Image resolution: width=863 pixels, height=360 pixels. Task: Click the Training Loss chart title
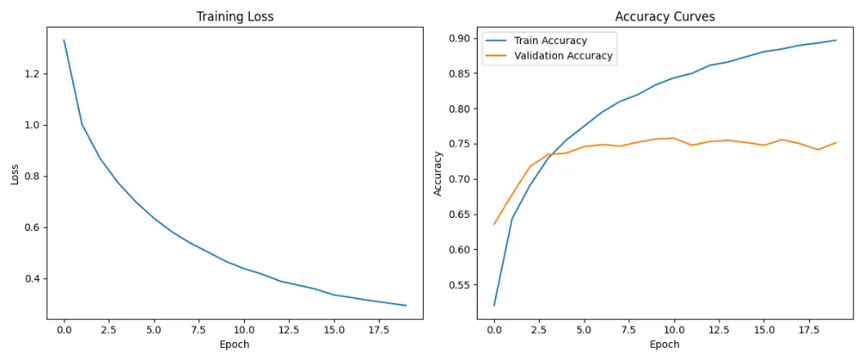234,16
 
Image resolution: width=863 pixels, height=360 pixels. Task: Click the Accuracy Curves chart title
665,16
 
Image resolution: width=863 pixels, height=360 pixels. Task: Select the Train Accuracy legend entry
549,40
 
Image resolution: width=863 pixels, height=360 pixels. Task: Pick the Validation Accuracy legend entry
563,56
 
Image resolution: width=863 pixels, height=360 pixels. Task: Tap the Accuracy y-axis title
438,172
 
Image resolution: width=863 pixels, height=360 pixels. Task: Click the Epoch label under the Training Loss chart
234,344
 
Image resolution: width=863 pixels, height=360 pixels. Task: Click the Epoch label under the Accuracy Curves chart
665,344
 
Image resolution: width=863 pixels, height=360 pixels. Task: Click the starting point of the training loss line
64,40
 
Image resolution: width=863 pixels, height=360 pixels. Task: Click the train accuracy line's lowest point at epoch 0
494,305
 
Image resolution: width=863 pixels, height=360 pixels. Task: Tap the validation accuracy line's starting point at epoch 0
494,224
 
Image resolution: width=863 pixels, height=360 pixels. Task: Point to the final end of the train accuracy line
835,40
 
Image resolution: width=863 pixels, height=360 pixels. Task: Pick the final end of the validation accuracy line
835,143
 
